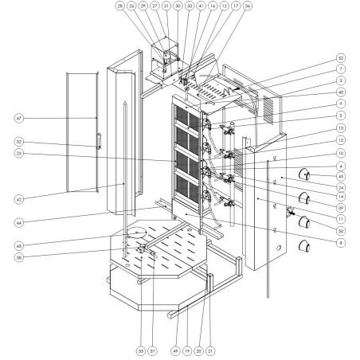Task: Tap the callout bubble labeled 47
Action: click(x=18, y=118)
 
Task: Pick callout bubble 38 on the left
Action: click(x=18, y=257)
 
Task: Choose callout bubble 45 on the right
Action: click(x=340, y=176)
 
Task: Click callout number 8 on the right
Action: click(x=340, y=240)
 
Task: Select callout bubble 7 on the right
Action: click(x=340, y=69)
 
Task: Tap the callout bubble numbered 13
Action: click(x=340, y=127)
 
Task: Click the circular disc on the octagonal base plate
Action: click(x=135, y=233)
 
